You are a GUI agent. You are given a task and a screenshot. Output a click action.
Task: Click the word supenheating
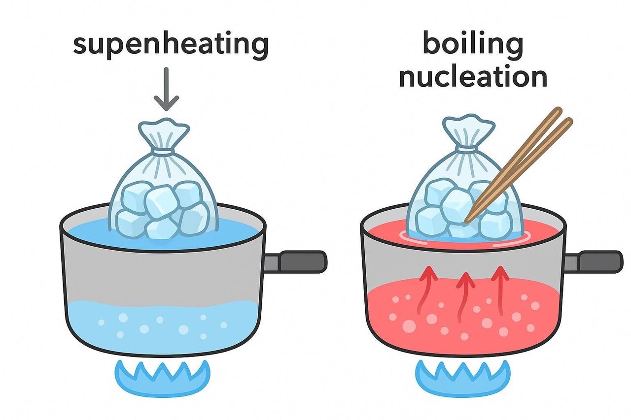point(171,45)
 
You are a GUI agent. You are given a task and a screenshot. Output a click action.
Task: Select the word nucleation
point(473,77)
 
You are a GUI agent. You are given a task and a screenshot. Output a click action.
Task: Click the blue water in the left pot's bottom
point(163,327)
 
